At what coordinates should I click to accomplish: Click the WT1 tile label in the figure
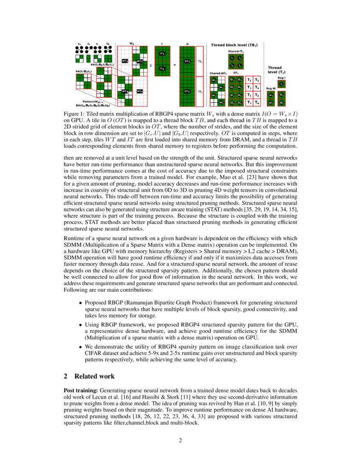(125, 61)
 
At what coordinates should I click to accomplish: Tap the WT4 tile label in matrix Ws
(140, 91)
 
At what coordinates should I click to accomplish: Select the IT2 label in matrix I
(162, 68)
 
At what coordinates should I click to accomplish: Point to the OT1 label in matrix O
(187, 61)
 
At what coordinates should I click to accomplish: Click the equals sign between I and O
(175, 65)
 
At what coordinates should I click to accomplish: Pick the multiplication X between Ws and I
(150, 65)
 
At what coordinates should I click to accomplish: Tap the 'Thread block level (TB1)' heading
(234, 45)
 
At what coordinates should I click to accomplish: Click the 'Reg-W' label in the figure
(271, 88)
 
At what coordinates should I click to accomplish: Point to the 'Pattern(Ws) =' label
(91, 101)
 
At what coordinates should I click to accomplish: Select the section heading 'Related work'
(94, 376)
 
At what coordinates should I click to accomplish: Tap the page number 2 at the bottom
(180, 440)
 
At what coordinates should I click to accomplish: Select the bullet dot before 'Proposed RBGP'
(80, 303)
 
